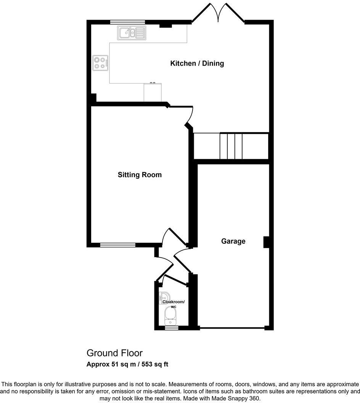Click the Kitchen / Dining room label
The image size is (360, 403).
click(x=197, y=63)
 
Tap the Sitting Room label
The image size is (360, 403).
click(x=140, y=175)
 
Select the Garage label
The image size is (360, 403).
click(x=233, y=241)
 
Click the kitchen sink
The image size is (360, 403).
click(x=132, y=33)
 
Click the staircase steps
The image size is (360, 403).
click(x=231, y=146)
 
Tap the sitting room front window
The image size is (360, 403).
click(x=117, y=245)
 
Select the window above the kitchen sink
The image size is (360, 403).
click(x=127, y=22)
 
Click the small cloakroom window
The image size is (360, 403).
click(x=171, y=327)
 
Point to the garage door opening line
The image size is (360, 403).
click(x=231, y=328)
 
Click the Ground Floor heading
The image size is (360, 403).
click(x=114, y=353)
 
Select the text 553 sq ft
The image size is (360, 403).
click(x=155, y=364)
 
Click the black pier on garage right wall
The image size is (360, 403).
click(x=266, y=242)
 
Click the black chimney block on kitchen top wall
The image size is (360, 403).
click(x=165, y=25)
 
